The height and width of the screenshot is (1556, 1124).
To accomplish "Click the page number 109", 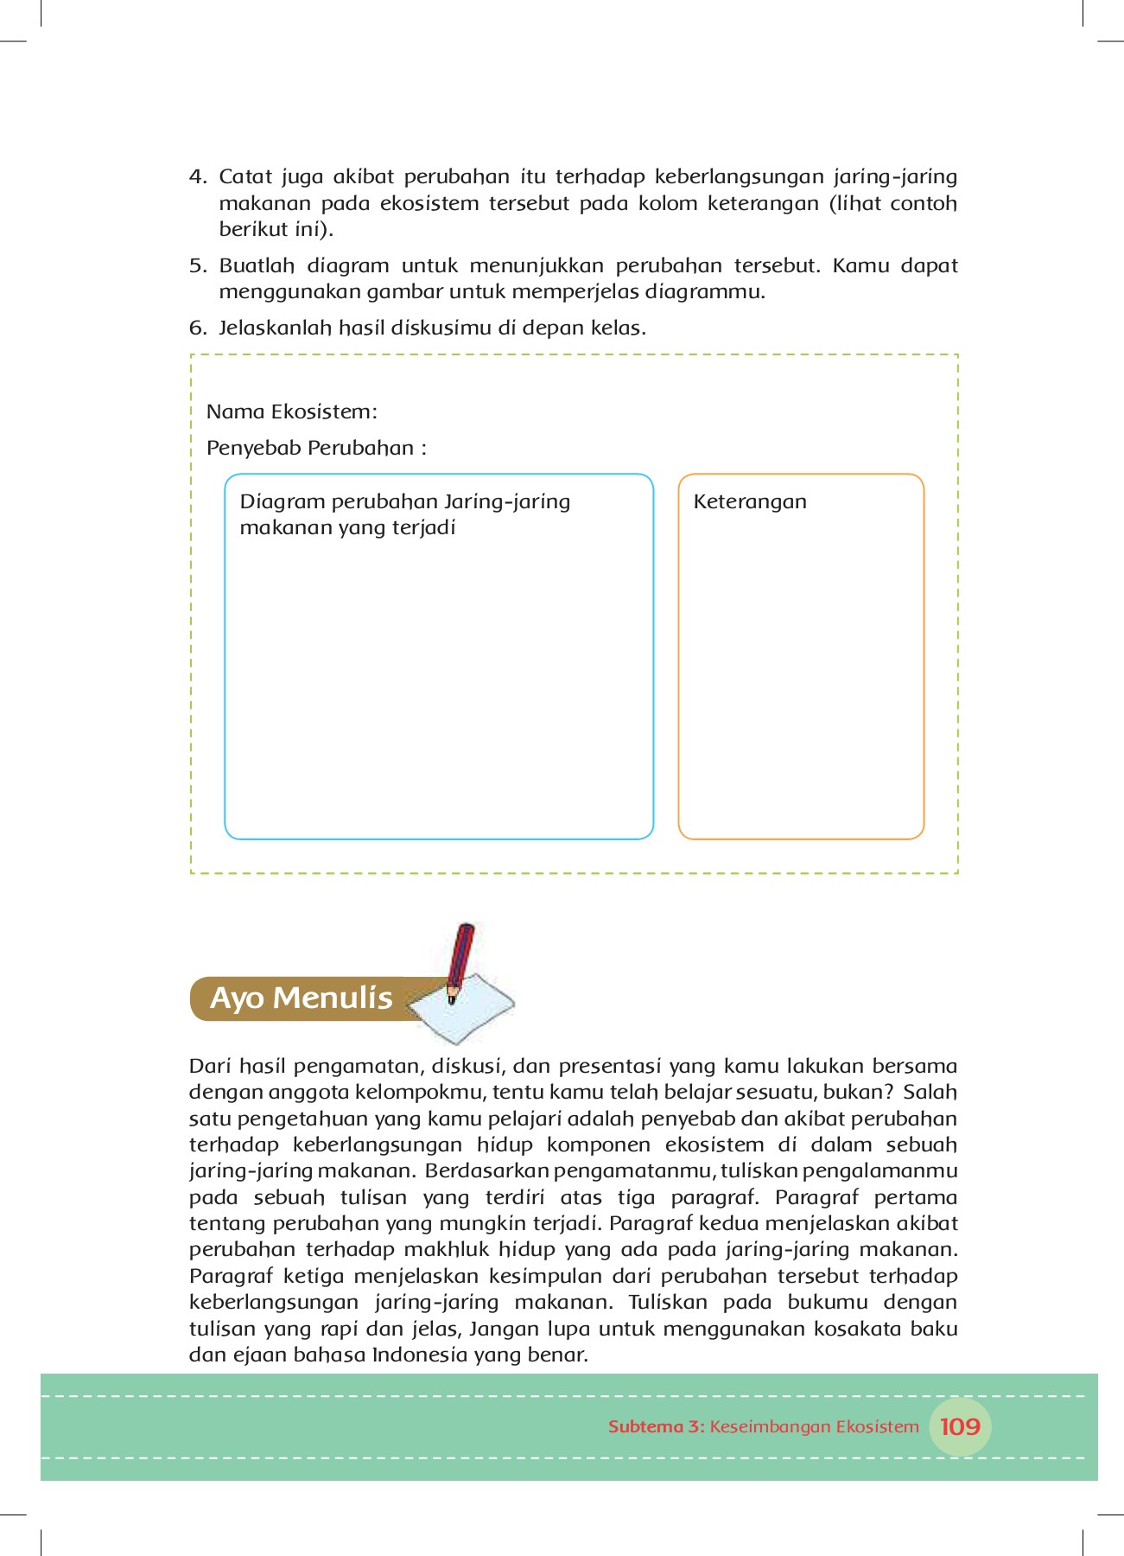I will click(960, 1427).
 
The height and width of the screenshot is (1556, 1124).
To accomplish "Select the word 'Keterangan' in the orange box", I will click(749, 502).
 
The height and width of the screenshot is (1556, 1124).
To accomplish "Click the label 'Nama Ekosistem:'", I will click(291, 411).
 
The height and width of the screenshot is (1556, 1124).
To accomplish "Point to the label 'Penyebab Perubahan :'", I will click(316, 448).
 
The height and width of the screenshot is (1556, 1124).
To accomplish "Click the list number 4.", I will click(197, 177).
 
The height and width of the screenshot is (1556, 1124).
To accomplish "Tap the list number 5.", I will click(197, 266).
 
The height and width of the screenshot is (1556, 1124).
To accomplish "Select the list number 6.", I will click(197, 328).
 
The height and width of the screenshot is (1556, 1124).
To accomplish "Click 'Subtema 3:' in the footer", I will click(657, 1427).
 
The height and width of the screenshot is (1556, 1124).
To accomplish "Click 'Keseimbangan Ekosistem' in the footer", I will click(814, 1427).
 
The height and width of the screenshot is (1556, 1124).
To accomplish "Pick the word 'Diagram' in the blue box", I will click(283, 502).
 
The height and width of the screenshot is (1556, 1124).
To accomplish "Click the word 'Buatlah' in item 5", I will click(257, 266).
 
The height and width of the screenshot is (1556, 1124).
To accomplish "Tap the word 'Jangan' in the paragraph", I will click(504, 1330).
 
